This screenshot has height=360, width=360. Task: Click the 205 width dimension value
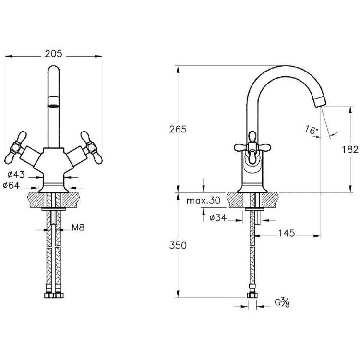click(x=53, y=54)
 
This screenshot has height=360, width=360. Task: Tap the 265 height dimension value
click(x=178, y=130)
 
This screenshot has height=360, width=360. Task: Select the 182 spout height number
click(x=350, y=150)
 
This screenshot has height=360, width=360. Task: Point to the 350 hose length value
click(x=178, y=245)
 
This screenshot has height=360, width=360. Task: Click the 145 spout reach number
click(x=287, y=233)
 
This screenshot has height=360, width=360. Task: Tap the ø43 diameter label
click(x=16, y=175)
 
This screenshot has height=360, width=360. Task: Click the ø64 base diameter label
click(x=11, y=185)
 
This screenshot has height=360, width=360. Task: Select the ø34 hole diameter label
click(x=218, y=217)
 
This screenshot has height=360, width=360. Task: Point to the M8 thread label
click(x=78, y=228)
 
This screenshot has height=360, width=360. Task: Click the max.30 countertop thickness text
click(x=204, y=201)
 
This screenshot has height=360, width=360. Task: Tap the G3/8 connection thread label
click(x=282, y=302)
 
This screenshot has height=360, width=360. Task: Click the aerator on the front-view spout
click(x=53, y=102)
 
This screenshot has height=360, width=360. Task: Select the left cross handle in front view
click(x=16, y=148)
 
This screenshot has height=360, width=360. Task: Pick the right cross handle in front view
click(x=91, y=148)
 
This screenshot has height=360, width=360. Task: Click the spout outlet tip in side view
click(x=321, y=102)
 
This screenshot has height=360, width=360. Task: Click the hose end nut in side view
click(x=252, y=295)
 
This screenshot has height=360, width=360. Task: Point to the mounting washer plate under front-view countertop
click(x=53, y=209)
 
